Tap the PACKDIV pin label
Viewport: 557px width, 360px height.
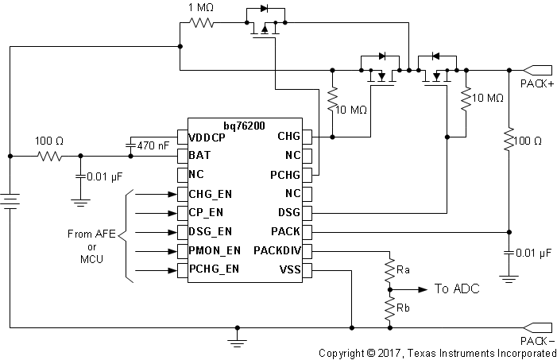point(277,252)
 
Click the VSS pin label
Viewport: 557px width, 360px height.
point(289,271)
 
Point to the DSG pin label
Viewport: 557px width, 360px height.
point(288,213)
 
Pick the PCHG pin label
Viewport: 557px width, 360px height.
point(285,174)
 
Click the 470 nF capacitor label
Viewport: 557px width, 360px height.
point(153,146)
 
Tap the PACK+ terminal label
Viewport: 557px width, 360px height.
point(537,83)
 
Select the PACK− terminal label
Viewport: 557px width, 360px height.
point(537,340)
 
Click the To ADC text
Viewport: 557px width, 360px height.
point(457,289)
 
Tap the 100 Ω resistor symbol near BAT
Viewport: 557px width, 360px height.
point(49,156)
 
